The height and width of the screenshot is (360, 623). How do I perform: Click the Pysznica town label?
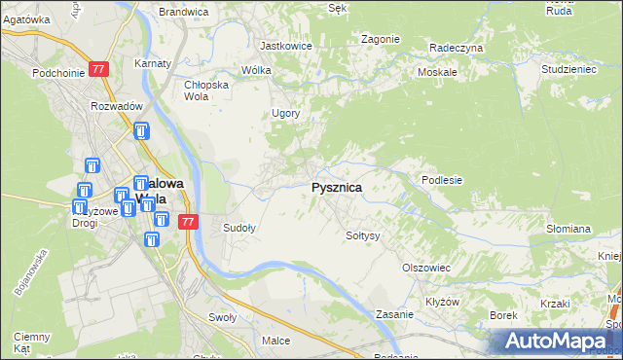pyautogui.click(x=337, y=188)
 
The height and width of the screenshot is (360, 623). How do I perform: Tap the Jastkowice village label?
pyautogui.click(x=285, y=45)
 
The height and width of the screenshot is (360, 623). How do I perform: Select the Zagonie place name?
pyautogui.click(x=380, y=39)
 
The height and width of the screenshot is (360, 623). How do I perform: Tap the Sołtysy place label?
pyautogui.click(x=362, y=235)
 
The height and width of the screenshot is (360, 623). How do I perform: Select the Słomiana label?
pyautogui.click(x=568, y=229)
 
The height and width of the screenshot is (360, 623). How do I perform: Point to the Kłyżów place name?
pyautogui.click(x=443, y=302)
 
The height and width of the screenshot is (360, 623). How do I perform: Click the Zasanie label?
pyautogui.click(x=396, y=315)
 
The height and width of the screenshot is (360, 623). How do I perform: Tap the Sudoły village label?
pyautogui.click(x=239, y=229)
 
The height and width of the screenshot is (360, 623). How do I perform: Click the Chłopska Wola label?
pyautogui.click(x=205, y=90)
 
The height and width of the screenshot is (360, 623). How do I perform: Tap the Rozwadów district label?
pyautogui.click(x=117, y=106)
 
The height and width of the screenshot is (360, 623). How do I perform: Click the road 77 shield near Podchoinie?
pyautogui.click(x=98, y=69)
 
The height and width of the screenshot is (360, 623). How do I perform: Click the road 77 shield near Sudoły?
pyautogui.click(x=189, y=222)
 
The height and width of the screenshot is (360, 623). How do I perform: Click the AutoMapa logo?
pyautogui.click(x=555, y=341)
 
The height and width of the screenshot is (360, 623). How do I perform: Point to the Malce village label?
pyautogui.click(x=276, y=341)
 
